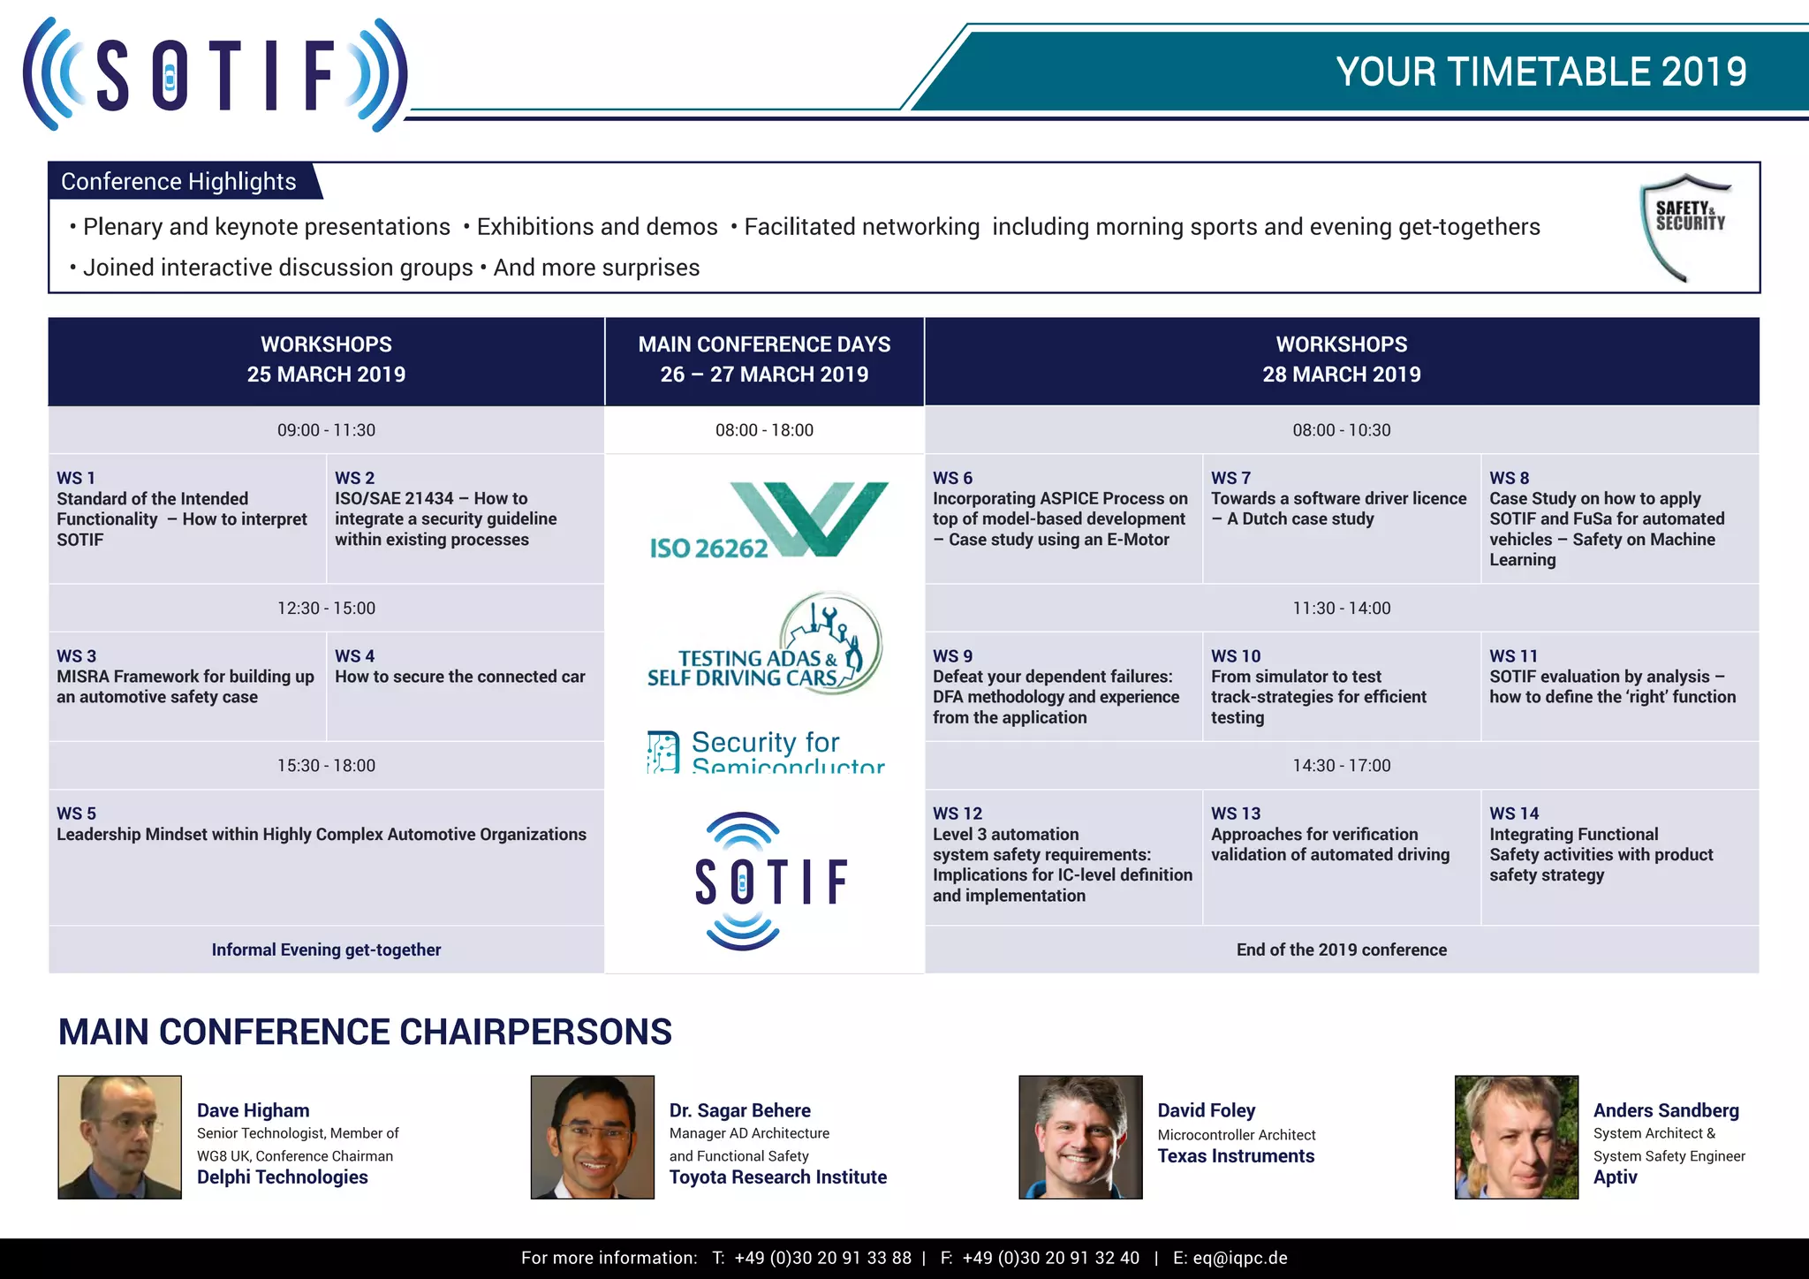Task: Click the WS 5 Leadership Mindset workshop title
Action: tap(322, 834)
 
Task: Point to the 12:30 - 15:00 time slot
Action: tap(326, 608)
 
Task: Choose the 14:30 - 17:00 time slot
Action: tap(1341, 765)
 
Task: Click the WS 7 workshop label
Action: tap(1230, 478)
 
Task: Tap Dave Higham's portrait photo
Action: tap(120, 1137)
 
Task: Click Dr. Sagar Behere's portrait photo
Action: tap(593, 1137)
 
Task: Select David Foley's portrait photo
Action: tap(1080, 1137)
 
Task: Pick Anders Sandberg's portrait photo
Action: tap(1516, 1137)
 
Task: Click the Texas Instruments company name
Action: tap(1236, 1156)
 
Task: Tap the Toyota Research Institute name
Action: tap(777, 1177)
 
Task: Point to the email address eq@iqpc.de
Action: tap(1240, 1258)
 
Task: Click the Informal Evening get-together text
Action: tap(326, 950)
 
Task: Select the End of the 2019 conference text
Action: tap(1341, 950)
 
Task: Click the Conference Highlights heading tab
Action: tap(178, 181)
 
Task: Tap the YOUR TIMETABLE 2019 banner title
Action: tap(1540, 72)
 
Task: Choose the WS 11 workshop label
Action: tap(1513, 656)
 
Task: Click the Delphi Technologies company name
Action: tap(282, 1177)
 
